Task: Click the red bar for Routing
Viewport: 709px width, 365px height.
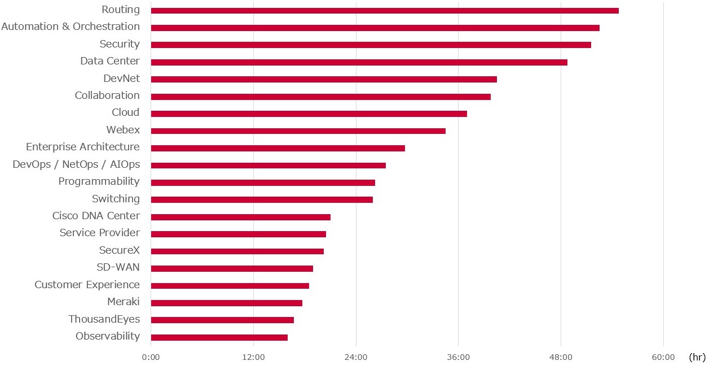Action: (x=385, y=10)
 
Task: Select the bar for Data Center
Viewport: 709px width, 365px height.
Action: (x=359, y=62)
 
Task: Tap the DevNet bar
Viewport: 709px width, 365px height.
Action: (x=324, y=79)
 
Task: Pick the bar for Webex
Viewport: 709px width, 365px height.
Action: (x=298, y=131)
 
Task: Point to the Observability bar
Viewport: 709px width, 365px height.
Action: (x=219, y=337)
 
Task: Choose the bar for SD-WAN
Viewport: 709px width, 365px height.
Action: (x=232, y=268)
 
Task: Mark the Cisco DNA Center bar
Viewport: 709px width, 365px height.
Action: (x=240, y=217)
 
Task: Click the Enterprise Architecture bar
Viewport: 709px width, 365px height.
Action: (x=278, y=148)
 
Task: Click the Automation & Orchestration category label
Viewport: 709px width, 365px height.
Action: (x=71, y=27)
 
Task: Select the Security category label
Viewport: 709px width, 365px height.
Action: (x=120, y=44)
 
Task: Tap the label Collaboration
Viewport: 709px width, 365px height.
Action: (x=107, y=95)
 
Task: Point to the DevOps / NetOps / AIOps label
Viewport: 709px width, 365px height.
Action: (x=76, y=164)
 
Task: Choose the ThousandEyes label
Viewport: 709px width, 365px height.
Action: (x=104, y=319)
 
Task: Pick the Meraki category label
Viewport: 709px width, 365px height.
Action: (x=124, y=302)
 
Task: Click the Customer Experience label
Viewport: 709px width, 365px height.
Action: (x=87, y=285)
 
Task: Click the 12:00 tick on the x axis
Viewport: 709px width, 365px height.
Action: (x=253, y=357)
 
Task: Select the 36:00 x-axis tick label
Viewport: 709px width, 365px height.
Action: (x=458, y=357)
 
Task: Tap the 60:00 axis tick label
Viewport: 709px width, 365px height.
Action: (x=663, y=357)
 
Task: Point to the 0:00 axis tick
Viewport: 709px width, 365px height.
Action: (x=151, y=357)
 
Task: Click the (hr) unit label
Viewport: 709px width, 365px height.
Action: (x=697, y=357)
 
